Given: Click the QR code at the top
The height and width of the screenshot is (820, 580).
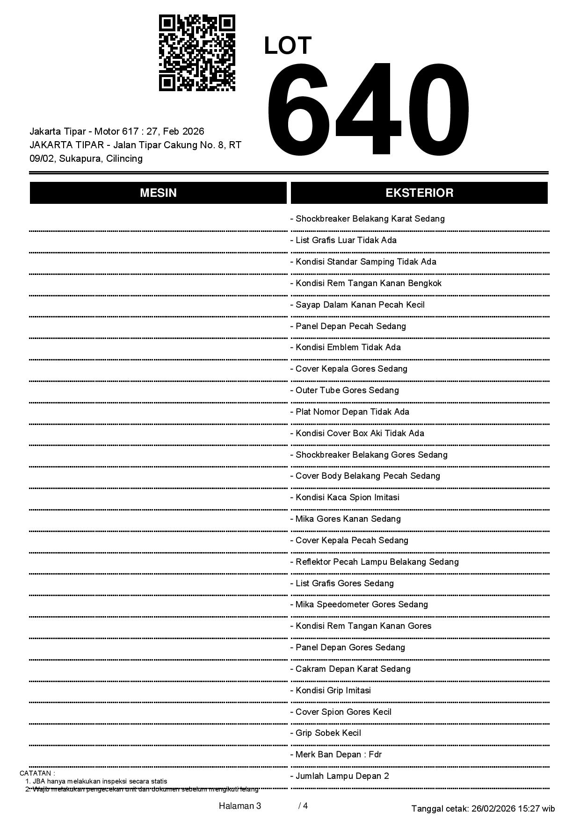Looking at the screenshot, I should coord(197,53).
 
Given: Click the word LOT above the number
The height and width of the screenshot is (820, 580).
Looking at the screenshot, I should coord(288,46).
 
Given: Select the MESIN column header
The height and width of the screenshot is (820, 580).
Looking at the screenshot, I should coord(158,193).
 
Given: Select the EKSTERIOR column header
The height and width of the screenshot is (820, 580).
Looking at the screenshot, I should coord(419,193).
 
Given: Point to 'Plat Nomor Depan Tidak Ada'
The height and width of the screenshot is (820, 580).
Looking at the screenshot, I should coord(352,412).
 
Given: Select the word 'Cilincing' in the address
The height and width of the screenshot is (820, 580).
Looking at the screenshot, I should coord(124,158).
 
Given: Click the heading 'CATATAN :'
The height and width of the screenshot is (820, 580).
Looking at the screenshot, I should coord(37,773).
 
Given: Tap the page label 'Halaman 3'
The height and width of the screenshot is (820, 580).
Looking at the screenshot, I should coord(240,806).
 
